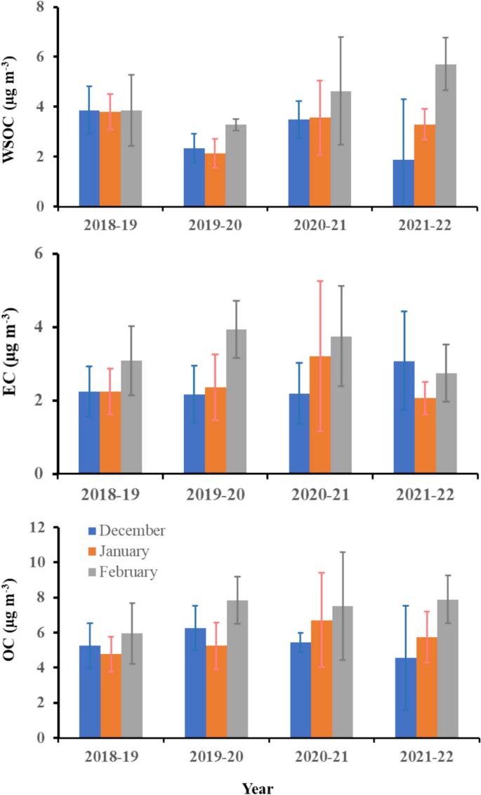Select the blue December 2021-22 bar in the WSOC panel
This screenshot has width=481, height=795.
click(403, 183)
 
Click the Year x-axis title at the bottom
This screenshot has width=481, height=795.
click(258, 788)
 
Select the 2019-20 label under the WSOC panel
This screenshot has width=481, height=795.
click(216, 226)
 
